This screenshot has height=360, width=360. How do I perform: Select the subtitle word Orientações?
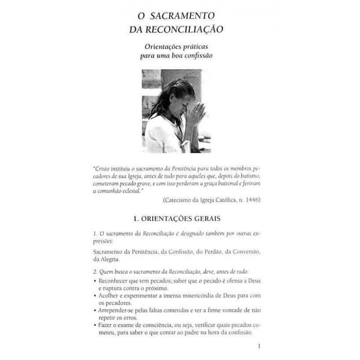tap(165, 46)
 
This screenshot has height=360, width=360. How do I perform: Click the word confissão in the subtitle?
tap(198, 56)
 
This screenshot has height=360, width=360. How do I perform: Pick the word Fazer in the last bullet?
tap(105, 325)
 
